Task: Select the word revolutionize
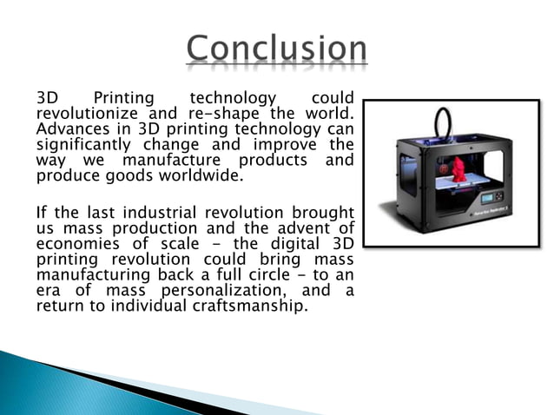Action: [x=81, y=115]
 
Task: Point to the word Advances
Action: [x=69, y=129]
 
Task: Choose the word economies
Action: [x=76, y=243]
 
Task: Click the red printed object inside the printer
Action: [x=458, y=168]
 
